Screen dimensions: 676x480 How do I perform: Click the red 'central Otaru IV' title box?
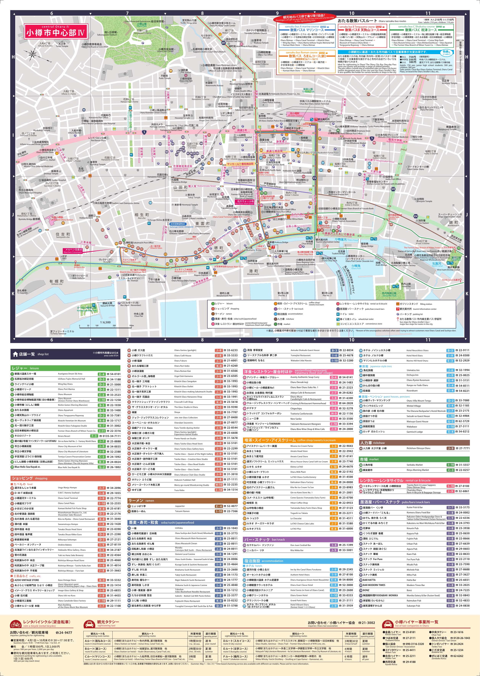tap(56, 31)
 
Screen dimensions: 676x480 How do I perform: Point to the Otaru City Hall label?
tap(186, 80)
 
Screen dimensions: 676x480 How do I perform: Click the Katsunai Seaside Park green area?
tap(87, 309)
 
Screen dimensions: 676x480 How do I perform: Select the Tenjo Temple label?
tap(62, 45)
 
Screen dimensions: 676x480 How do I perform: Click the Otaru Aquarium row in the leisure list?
tap(65, 410)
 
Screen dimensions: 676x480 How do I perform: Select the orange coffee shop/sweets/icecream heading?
tap(298, 440)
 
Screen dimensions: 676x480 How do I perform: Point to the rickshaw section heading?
tap(414, 443)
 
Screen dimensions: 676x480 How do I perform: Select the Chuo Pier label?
tap(139, 315)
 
